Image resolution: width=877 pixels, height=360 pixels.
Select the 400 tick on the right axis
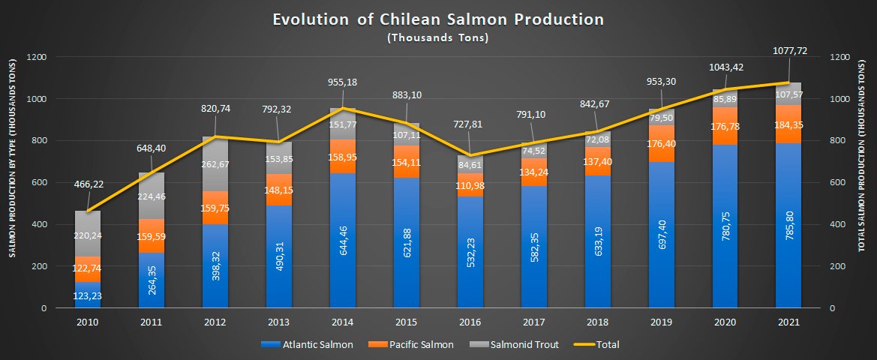click(839, 224)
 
